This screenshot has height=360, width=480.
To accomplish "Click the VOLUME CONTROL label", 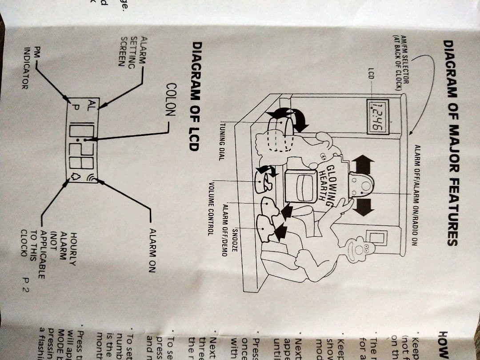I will tap(211, 208).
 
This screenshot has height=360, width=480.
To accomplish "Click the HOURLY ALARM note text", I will tap(53, 255).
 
